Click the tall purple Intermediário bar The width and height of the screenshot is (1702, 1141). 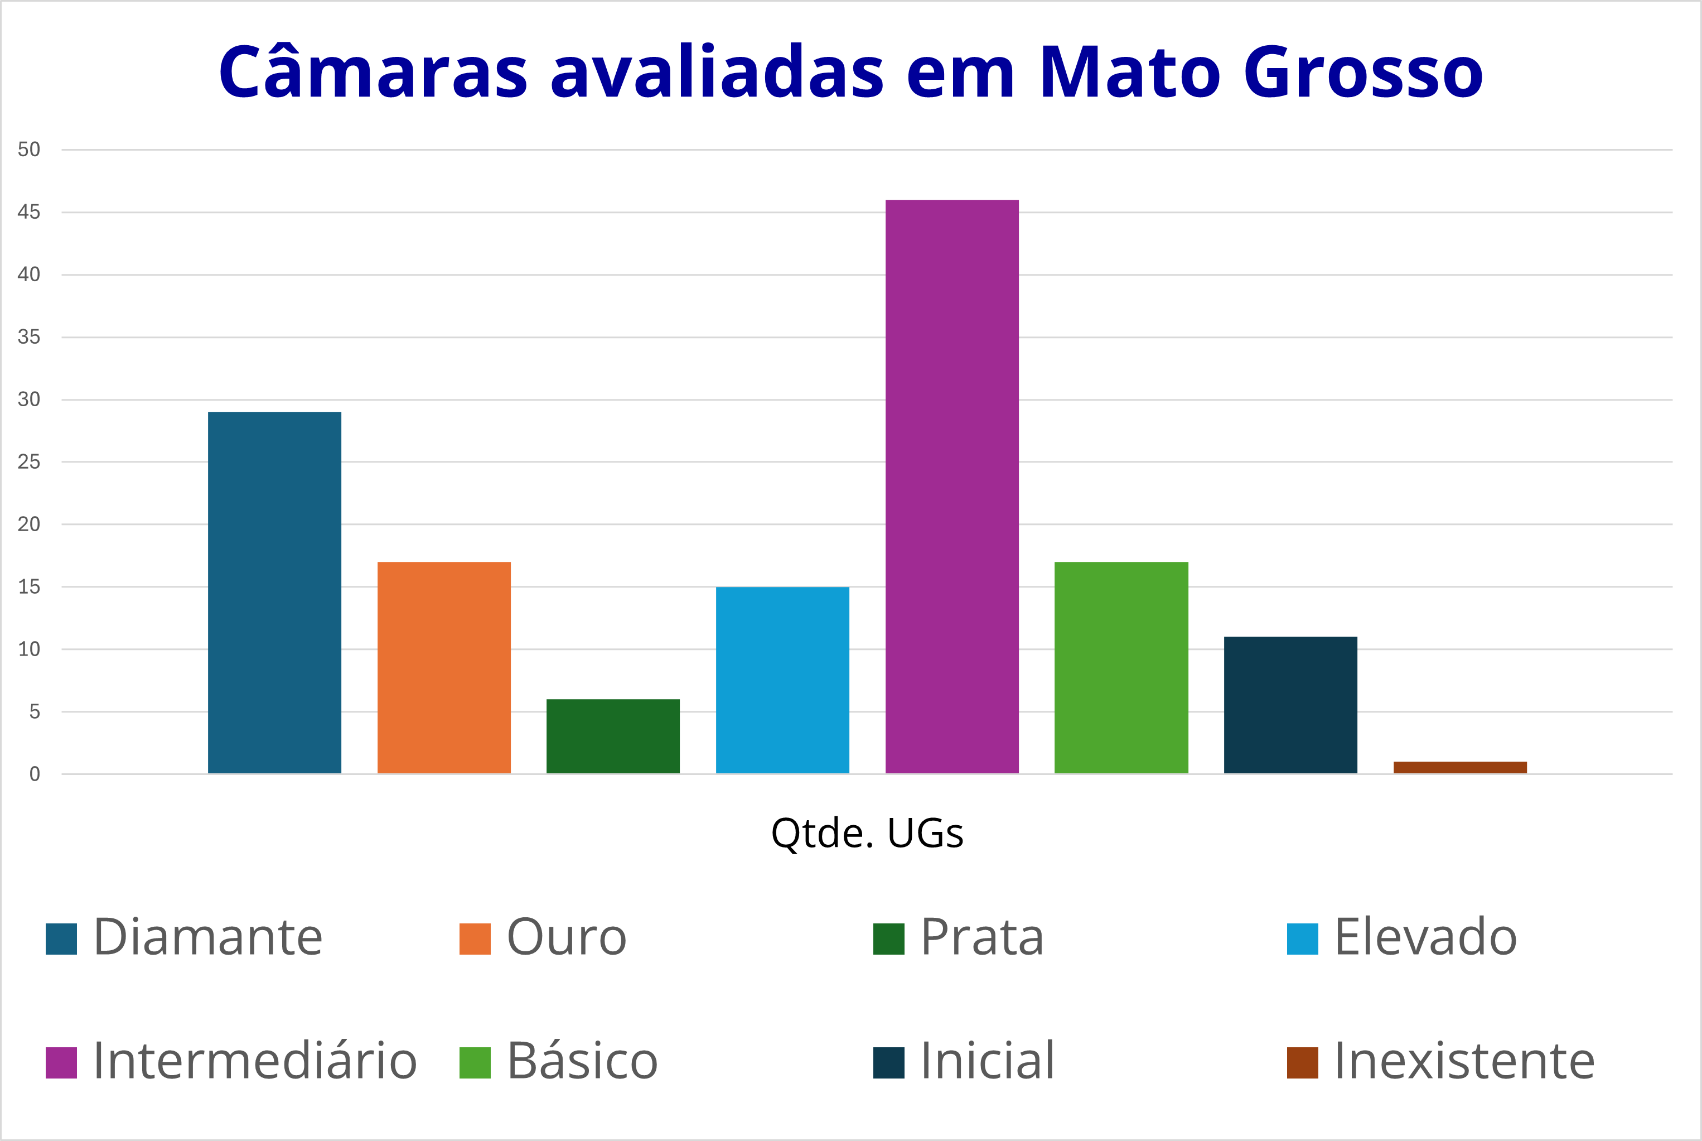tap(951, 486)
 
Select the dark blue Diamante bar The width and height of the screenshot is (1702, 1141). tap(274, 593)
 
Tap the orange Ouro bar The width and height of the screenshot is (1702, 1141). tap(444, 667)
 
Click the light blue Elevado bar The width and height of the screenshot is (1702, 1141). tap(782, 680)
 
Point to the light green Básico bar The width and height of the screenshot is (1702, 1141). tap(1121, 667)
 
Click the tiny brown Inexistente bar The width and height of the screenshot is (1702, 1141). tap(1460, 767)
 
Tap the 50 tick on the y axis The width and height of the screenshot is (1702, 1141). tap(29, 150)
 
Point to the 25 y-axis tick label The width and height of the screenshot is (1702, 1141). tap(29, 462)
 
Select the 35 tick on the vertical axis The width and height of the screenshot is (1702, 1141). tap(29, 337)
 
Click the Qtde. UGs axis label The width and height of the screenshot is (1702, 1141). tap(867, 833)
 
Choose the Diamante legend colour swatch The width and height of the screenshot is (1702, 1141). tap(61, 938)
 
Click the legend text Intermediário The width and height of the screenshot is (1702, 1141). tap(254, 1061)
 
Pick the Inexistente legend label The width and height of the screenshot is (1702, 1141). tap(1463, 1061)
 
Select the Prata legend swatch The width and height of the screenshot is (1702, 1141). tap(888, 938)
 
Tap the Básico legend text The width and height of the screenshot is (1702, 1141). tap(582, 1061)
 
